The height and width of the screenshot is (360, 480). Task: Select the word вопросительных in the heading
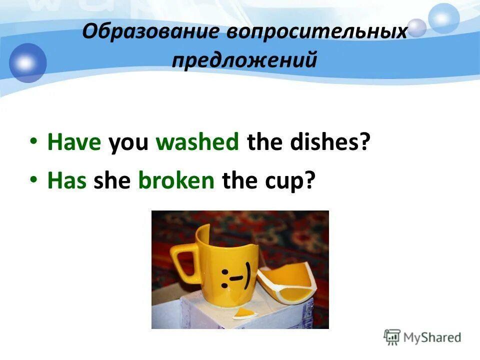(317, 32)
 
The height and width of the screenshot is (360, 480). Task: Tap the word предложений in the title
(244, 61)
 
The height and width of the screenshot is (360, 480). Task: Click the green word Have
(74, 143)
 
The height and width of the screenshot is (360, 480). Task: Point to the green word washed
(197, 143)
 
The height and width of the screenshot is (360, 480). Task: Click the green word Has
(67, 181)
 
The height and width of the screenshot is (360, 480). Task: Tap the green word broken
(176, 181)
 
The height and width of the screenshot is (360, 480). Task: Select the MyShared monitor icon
(392, 337)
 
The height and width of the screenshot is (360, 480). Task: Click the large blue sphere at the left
(27, 62)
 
